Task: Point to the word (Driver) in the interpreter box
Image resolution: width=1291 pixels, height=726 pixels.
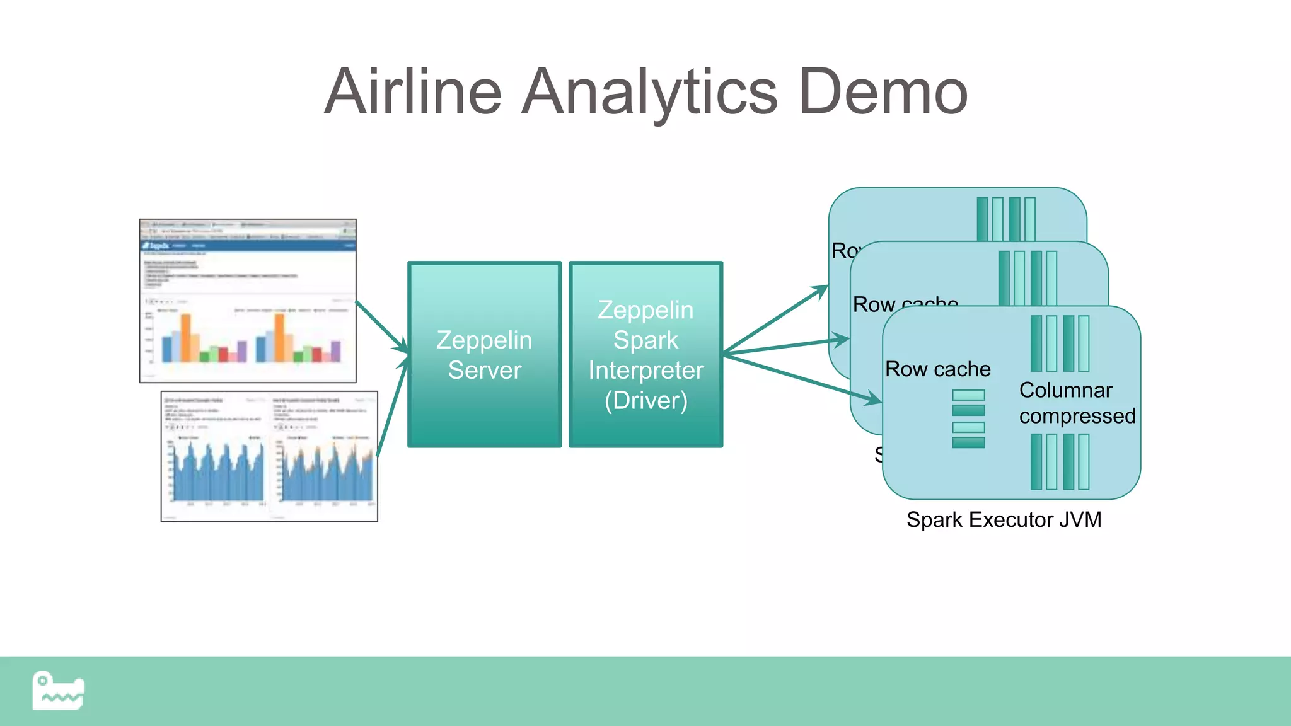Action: pos(645,401)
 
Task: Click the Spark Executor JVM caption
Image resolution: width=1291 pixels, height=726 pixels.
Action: pos(1004,520)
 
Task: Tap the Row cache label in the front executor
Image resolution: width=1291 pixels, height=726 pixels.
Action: pos(937,369)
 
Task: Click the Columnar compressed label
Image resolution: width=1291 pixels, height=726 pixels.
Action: pos(1077,403)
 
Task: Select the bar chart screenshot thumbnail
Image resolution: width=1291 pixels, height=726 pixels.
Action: pos(248,301)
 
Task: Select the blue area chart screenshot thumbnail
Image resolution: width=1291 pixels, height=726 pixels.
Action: pos(269,456)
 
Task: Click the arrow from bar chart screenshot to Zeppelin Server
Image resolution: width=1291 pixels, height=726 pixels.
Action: pos(381,326)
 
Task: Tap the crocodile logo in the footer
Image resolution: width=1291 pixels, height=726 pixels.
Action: pos(58,691)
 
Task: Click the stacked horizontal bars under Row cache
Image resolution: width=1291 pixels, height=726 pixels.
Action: pos(968,418)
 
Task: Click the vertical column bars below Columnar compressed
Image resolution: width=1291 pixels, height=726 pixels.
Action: pos(1060,462)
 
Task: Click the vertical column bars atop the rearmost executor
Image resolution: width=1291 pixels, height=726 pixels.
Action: pos(1006,219)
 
